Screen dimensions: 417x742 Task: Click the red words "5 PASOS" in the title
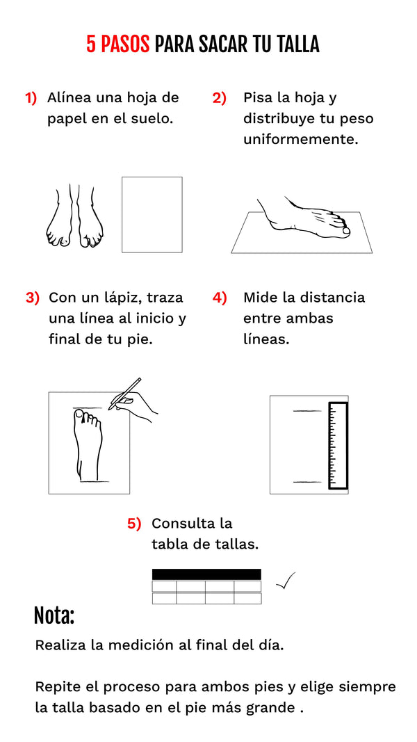pos(117,44)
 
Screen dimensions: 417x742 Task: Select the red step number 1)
pos(31,98)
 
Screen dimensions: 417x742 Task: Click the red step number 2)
pos(220,98)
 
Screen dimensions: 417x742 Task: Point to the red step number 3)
pos(33,298)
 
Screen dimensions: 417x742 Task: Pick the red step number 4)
pos(220,298)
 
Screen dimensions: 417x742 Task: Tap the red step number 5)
pos(134,524)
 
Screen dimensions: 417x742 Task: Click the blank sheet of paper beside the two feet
pos(152,214)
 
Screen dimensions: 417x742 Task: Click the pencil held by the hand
pos(124,394)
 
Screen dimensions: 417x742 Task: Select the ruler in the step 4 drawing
pos(338,445)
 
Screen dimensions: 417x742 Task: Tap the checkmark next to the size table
pos(286,581)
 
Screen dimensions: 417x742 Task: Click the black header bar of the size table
pos(206,574)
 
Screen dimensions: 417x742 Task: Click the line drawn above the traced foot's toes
pos(87,408)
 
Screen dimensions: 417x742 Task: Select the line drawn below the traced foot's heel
pos(94,482)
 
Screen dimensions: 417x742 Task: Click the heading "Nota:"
pos(54,615)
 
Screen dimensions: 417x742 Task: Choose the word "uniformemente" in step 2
pos(301,140)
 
